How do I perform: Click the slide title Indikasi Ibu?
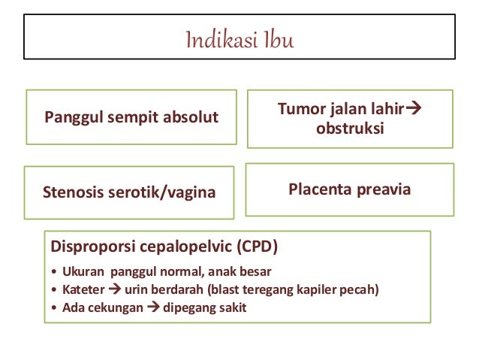click(239, 39)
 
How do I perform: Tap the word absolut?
click(190, 117)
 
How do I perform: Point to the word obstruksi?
click(350, 129)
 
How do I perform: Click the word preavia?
click(383, 189)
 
